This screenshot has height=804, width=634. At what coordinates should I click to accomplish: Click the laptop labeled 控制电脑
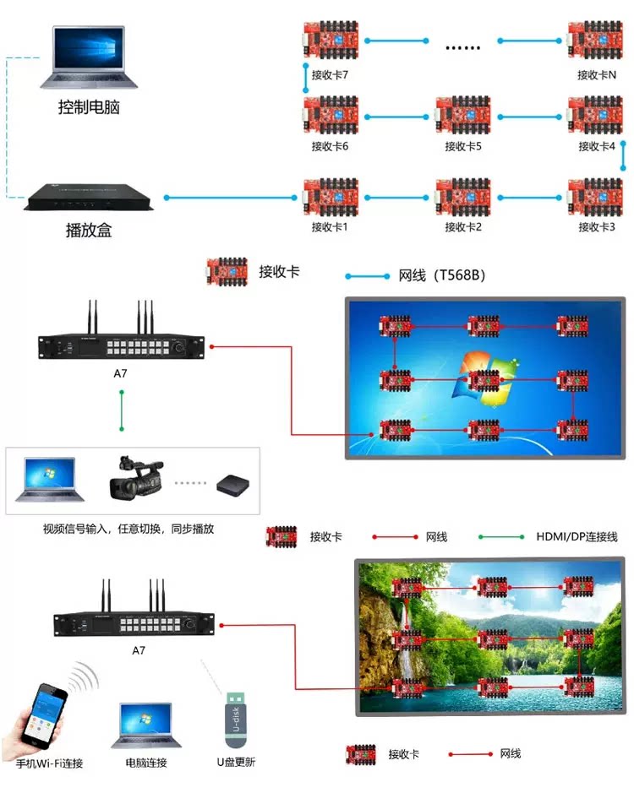pyautogui.click(x=90, y=57)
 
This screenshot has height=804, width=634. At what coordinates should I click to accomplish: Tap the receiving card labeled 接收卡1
pyautogui.click(x=330, y=198)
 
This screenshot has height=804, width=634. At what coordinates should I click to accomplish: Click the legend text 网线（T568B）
pyautogui.click(x=441, y=275)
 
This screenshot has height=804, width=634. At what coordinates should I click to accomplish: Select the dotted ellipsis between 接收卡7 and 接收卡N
pyautogui.click(x=462, y=46)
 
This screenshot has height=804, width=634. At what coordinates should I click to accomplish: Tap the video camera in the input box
pyautogui.click(x=135, y=480)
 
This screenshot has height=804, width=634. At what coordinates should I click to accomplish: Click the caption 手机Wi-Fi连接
pyautogui.click(x=50, y=763)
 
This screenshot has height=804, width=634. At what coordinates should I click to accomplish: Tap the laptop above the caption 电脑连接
pyautogui.click(x=146, y=725)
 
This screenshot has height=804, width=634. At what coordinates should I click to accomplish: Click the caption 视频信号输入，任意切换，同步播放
pyautogui.click(x=128, y=530)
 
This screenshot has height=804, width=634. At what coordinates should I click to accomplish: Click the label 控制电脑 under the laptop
pyautogui.click(x=88, y=108)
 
